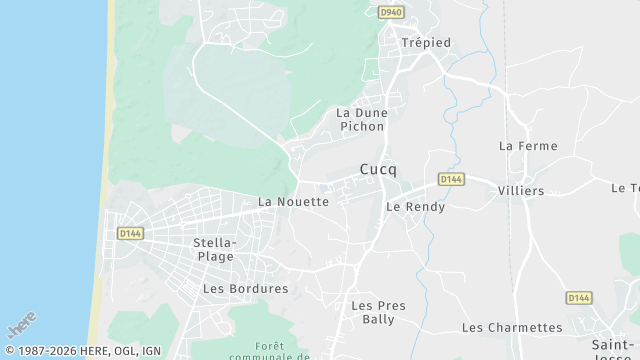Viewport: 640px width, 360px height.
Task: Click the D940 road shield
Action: (x=391, y=12)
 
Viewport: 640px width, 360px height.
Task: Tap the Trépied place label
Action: (x=426, y=42)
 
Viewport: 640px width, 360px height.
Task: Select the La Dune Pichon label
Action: (x=361, y=121)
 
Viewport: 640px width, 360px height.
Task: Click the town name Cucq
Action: (x=378, y=170)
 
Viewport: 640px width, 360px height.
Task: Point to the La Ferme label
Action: (x=528, y=146)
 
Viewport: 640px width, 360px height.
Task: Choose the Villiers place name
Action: (x=521, y=191)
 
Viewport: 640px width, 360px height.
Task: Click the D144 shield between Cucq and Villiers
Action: (x=451, y=179)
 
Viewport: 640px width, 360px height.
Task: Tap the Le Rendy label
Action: (x=415, y=207)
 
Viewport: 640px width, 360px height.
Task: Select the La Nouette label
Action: (x=293, y=202)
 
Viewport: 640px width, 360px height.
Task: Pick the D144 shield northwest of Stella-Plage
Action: (x=129, y=233)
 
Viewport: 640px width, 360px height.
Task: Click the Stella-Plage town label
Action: (x=215, y=249)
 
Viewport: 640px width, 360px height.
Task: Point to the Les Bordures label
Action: (x=245, y=289)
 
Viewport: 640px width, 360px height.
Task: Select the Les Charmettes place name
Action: (x=512, y=328)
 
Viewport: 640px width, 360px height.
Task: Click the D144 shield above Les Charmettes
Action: (x=578, y=298)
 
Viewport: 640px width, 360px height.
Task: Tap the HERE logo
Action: (x=21, y=326)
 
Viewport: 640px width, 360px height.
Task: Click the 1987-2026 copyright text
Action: (x=82, y=351)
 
